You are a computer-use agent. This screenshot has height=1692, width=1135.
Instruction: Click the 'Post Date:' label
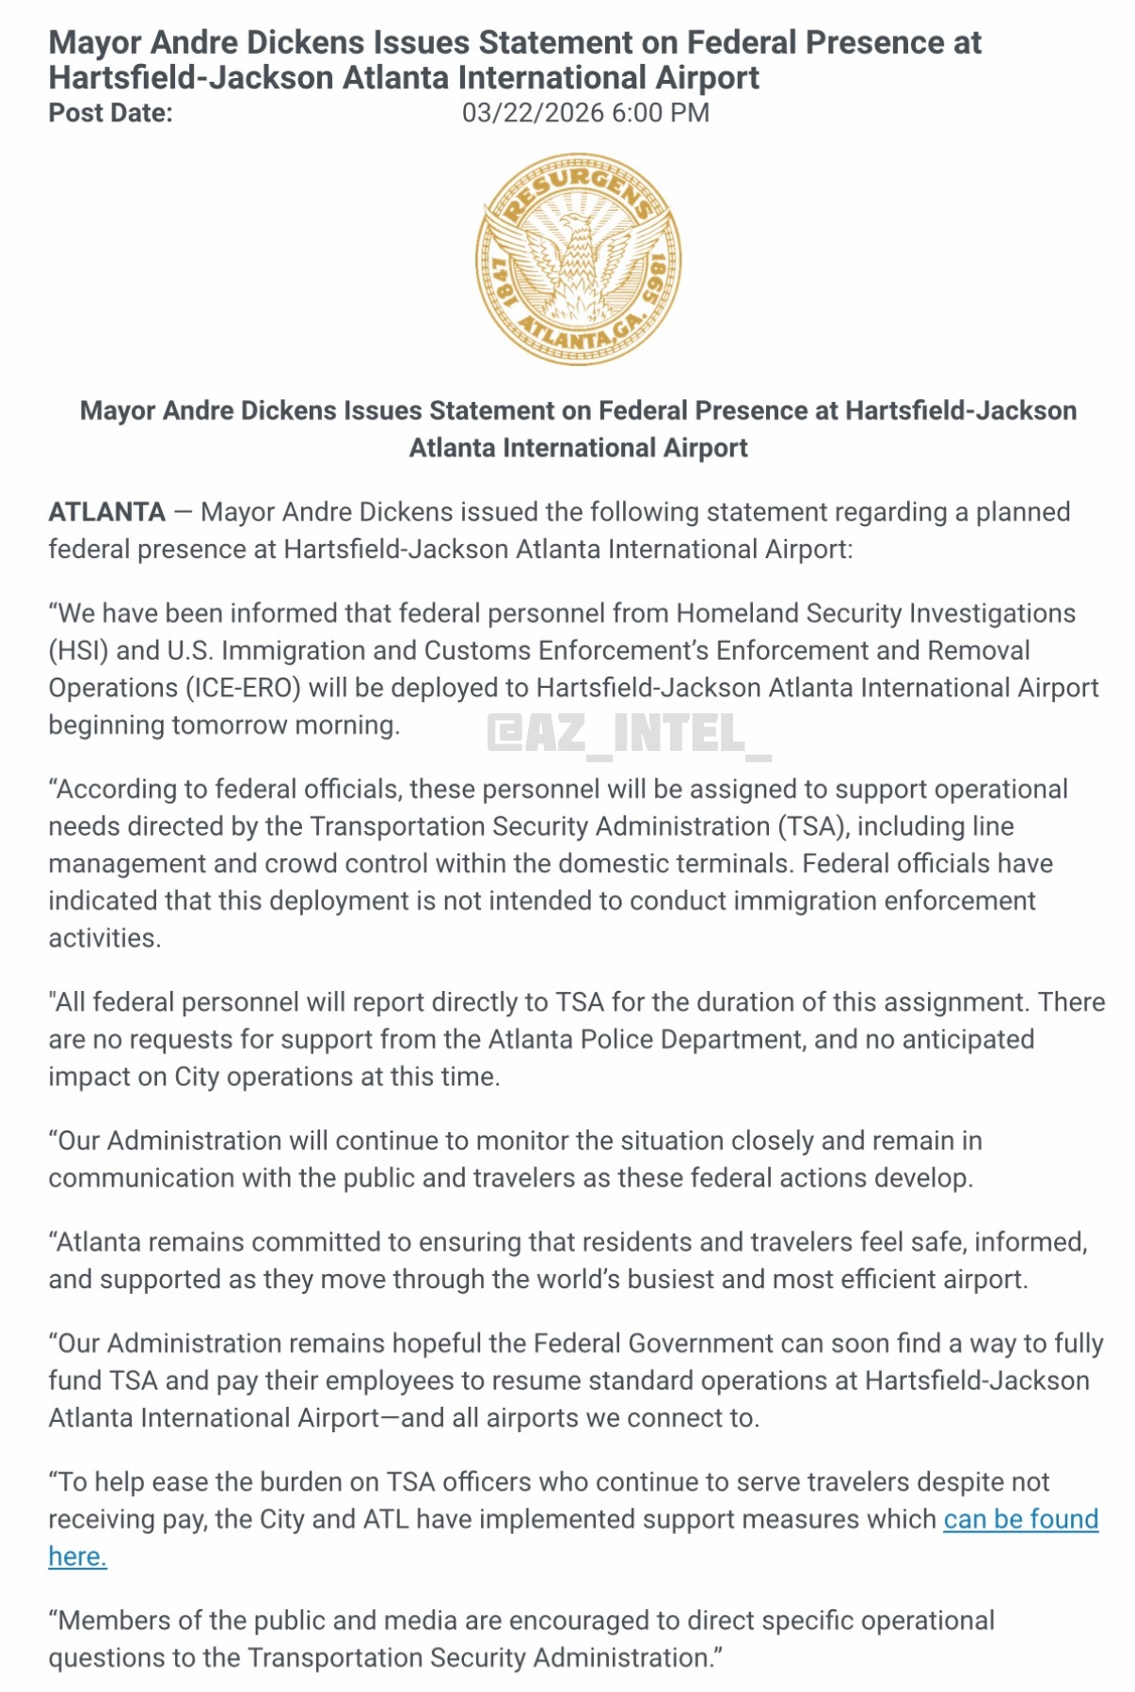pos(110,113)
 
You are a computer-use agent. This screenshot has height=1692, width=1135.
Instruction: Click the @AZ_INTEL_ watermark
pos(629,734)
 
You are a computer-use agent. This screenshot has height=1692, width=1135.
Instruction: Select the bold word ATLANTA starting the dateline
pos(107,512)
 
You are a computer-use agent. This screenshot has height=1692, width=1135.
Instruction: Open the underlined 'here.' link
pos(77,1556)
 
